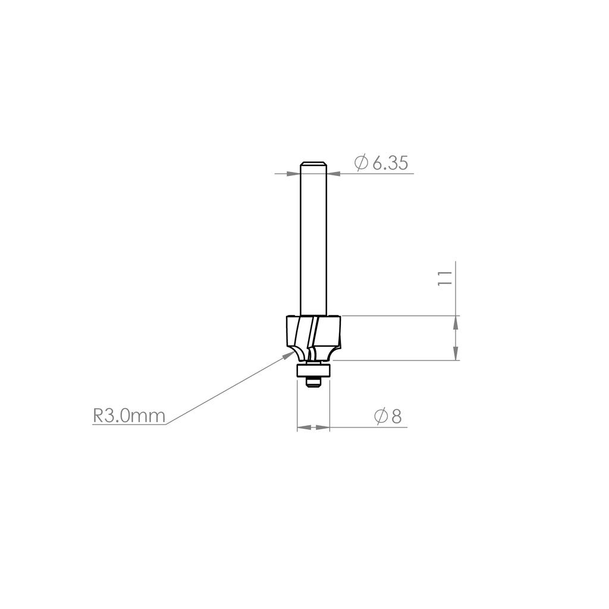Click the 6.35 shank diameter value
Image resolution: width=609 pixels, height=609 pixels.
click(390, 163)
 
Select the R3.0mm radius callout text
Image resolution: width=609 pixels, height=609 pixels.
click(129, 416)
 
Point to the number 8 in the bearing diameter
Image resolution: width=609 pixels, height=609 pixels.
click(397, 417)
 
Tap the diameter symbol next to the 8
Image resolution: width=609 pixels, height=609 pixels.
click(381, 417)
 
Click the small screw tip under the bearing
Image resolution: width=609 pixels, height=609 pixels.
click(313, 383)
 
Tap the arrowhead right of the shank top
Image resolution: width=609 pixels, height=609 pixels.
click(333, 174)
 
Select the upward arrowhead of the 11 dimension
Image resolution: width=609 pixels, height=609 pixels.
click(456, 322)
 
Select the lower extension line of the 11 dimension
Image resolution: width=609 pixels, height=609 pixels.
click(393, 360)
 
